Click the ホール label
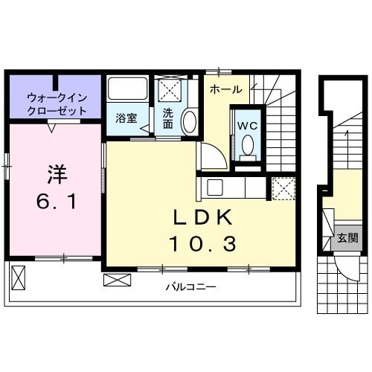point(225,89)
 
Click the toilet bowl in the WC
point(247,145)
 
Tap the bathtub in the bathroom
point(128,90)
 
